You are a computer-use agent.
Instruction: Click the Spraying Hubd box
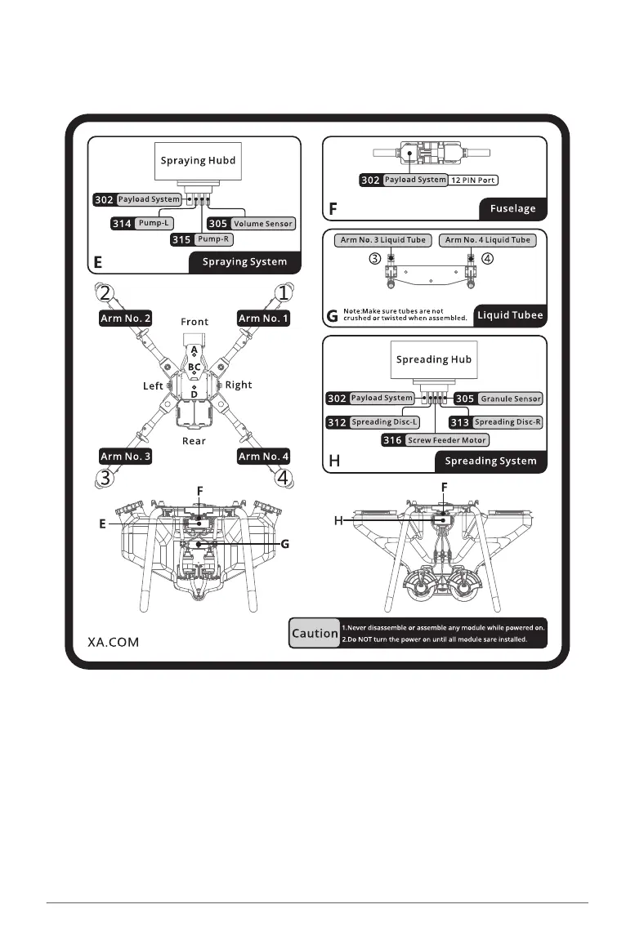(x=198, y=160)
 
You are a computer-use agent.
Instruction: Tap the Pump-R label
(x=214, y=239)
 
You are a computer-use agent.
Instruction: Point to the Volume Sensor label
(x=262, y=223)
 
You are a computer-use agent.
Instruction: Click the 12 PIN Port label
(x=474, y=180)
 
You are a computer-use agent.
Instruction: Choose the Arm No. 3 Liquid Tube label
(x=382, y=240)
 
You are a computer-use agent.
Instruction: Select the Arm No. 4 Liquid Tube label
(x=487, y=240)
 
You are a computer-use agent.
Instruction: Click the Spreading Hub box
(x=434, y=359)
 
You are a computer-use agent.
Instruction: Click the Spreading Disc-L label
(x=384, y=422)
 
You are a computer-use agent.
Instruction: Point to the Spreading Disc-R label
(x=507, y=422)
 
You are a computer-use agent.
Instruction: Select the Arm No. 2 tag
(x=125, y=319)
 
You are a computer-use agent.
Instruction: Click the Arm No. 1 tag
(x=264, y=319)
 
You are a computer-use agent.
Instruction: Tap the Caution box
(x=315, y=633)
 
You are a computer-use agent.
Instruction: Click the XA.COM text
(x=114, y=642)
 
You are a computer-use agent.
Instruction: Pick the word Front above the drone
(x=195, y=322)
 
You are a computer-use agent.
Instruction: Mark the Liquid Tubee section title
(x=510, y=314)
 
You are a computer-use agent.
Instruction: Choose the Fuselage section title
(x=513, y=208)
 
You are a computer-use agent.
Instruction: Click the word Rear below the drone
(x=195, y=441)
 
